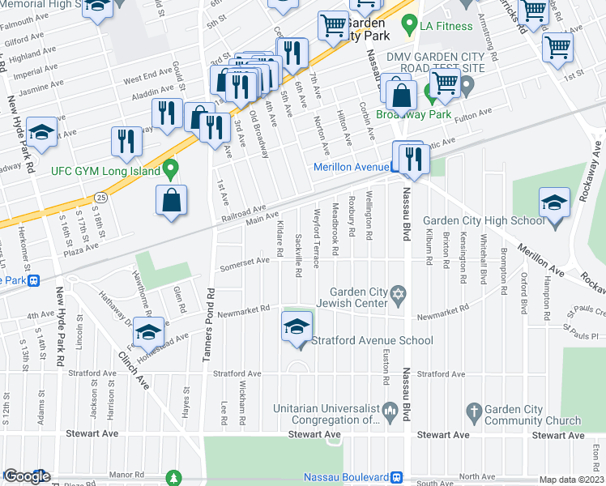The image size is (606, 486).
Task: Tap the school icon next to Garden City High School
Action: (x=554, y=202)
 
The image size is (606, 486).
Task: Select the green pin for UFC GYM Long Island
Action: (x=170, y=170)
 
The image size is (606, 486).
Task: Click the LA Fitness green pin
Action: (x=411, y=25)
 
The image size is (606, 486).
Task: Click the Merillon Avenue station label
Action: (x=350, y=167)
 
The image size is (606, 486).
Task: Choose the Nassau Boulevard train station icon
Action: (x=396, y=476)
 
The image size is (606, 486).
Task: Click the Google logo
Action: (x=28, y=476)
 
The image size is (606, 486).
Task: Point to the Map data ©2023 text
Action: (x=571, y=480)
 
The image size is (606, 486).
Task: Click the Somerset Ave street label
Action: (x=245, y=261)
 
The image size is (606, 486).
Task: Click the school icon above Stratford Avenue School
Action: (x=297, y=326)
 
